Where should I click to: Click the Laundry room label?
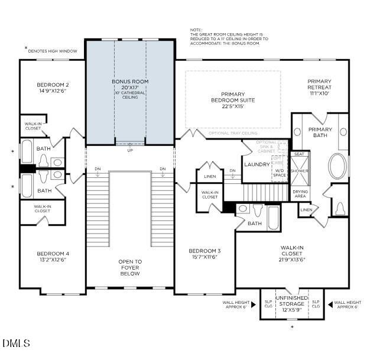(256, 165)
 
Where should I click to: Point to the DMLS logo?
(16, 343)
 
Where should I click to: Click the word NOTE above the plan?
(196, 30)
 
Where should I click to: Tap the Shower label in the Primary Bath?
(300, 171)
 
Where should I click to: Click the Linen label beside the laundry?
(209, 177)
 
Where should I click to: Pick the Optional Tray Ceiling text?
(233, 133)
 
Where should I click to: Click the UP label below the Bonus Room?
(130, 150)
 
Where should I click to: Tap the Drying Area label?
(300, 194)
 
